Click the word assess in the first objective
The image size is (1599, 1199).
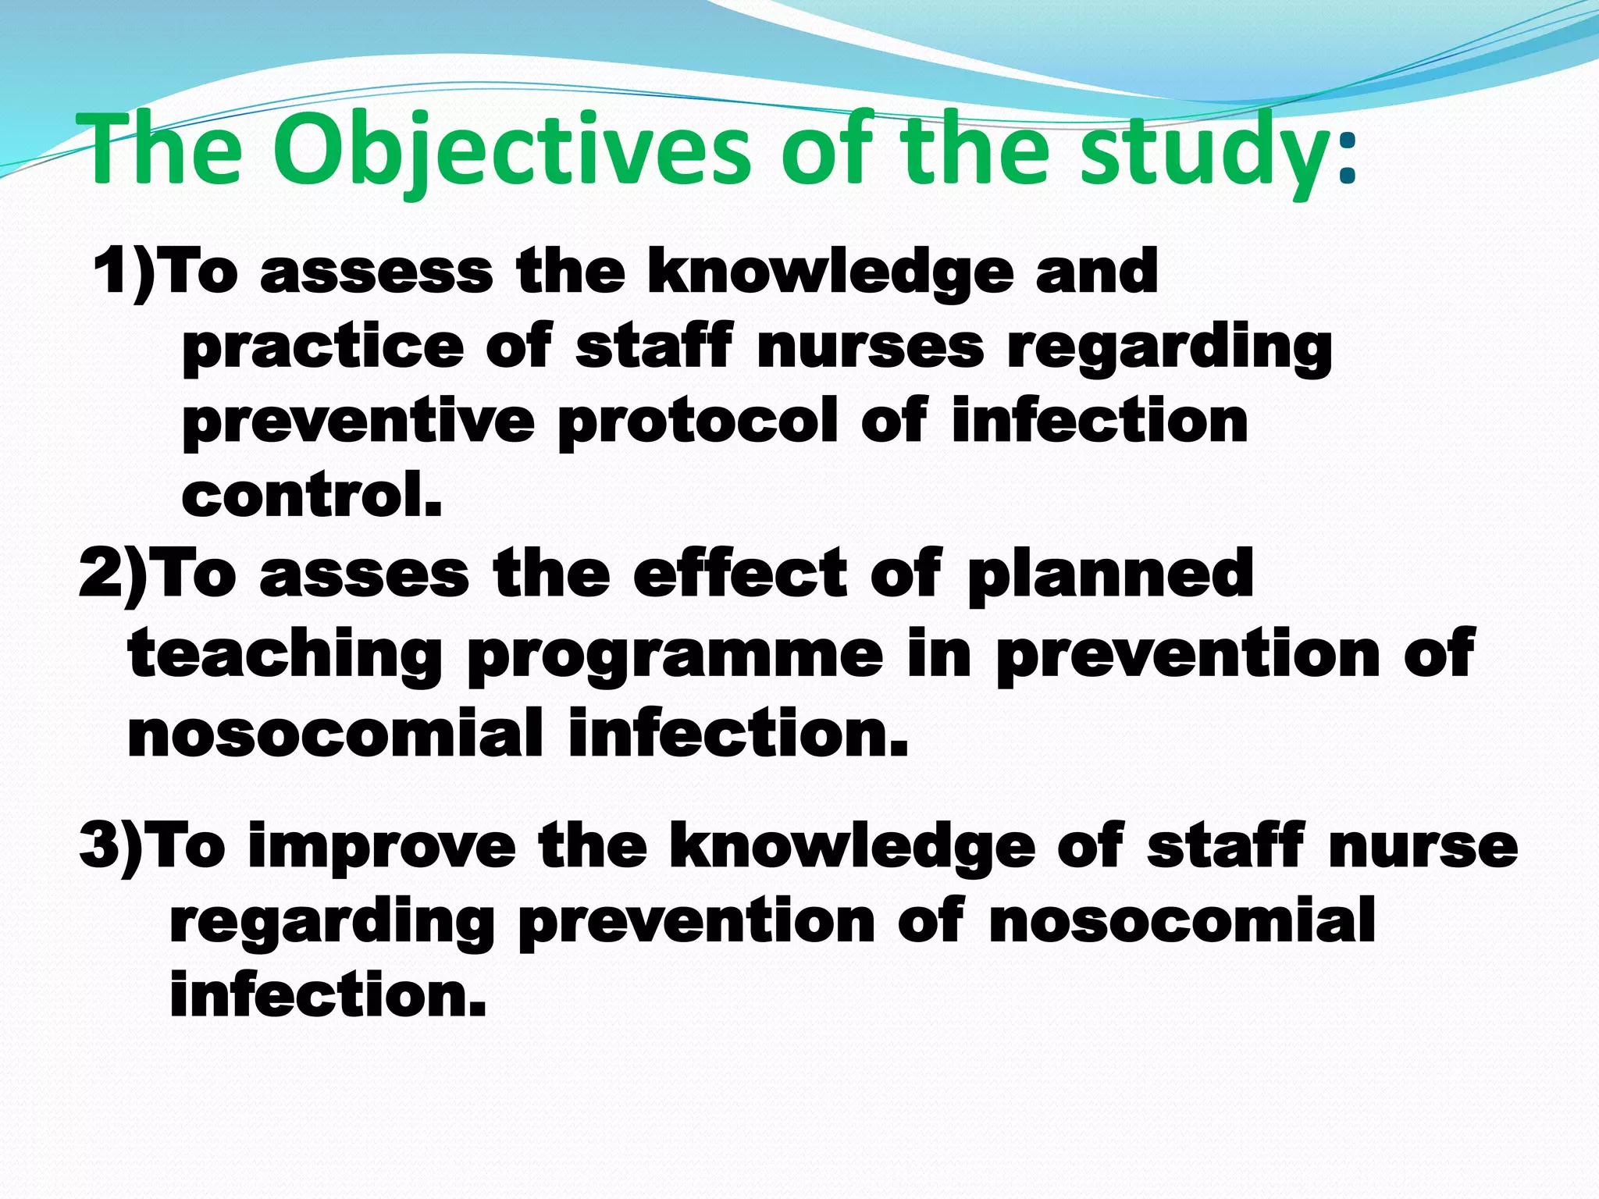pyautogui.click(x=377, y=273)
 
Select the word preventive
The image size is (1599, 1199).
pyautogui.click(x=358, y=422)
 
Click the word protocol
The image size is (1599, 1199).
pyautogui.click(x=698, y=422)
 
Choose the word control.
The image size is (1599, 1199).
pyautogui.click(x=312, y=496)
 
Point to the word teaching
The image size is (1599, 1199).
pyautogui.click(x=285, y=656)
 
